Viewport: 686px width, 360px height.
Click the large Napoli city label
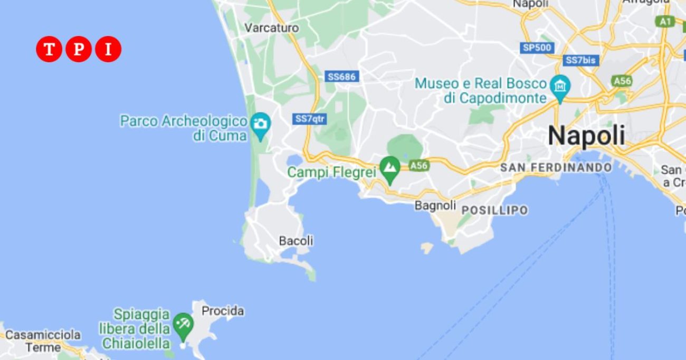[586, 136]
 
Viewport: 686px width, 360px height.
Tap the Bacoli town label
[296, 241]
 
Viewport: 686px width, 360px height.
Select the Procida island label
[223, 311]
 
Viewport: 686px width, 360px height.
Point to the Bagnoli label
[435, 205]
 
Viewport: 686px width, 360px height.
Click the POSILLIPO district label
[494, 210]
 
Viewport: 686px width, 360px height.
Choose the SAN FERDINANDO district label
[556, 168]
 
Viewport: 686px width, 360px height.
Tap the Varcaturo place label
[272, 27]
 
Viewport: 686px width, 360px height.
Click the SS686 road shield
[341, 77]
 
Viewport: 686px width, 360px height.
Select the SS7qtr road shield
[309, 119]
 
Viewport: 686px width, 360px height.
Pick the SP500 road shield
[537, 48]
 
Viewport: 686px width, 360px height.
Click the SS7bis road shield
[580, 60]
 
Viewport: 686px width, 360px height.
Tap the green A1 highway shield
[665, 21]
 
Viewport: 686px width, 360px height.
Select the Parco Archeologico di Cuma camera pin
[260, 125]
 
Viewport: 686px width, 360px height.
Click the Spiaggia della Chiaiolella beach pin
[183, 323]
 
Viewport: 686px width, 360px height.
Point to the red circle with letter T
[49, 50]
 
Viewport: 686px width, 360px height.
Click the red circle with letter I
[108, 50]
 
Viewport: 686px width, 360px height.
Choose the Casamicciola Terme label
[43, 341]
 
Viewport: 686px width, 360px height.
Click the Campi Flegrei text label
[331, 172]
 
